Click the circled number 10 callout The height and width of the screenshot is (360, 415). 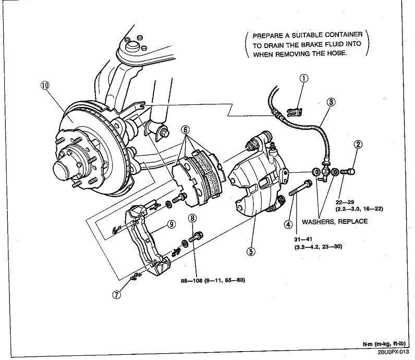tap(45, 85)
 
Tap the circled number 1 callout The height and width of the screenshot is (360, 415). tap(304, 78)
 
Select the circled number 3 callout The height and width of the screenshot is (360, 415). tap(331, 102)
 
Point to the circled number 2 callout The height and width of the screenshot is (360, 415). tap(358, 145)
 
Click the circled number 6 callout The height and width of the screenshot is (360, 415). tap(186, 129)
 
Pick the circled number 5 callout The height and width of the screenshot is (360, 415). tap(251, 251)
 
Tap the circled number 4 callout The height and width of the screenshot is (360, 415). tap(288, 224)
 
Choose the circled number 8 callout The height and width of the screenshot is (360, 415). tap(193, 218)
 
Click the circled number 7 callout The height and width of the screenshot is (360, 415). tap(116, 295)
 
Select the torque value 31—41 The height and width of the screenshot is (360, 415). tap(303, 239)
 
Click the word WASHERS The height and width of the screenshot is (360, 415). tap(318, 221)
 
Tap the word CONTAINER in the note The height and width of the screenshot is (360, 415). tap(344, 35)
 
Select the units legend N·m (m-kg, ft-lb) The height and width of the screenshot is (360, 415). tap(384, 344)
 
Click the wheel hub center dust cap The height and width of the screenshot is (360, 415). tap(62, 169)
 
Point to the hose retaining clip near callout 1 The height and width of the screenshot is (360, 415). tap(295, 112)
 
